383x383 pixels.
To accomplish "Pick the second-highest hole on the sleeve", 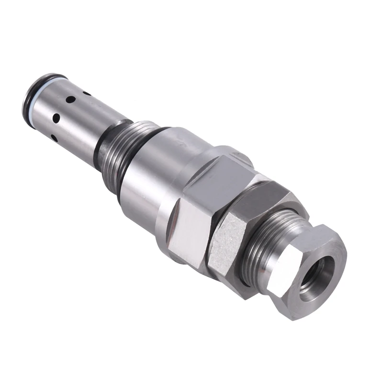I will click(x=69, y=101).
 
